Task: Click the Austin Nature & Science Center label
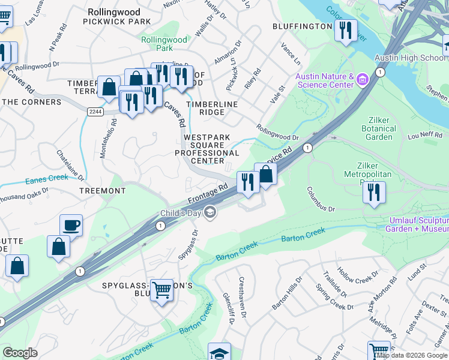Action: (324, 80)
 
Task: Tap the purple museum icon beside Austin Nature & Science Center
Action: (362, 79)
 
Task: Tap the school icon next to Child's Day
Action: (209, 212)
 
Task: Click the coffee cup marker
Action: (71, 225)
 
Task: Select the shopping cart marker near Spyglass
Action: (161, 290)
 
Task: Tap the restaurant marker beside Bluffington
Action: (345, 30)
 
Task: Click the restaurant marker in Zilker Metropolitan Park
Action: (373, 192)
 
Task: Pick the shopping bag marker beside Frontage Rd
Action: (266, 175)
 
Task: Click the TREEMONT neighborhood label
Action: (103, 191)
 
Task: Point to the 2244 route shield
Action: (94, 111)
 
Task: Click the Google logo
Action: (20, 353)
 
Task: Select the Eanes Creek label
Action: (47, 179)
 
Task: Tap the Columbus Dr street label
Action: (321, 199)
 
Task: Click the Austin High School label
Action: (411, 58)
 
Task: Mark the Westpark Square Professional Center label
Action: (207, 149)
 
